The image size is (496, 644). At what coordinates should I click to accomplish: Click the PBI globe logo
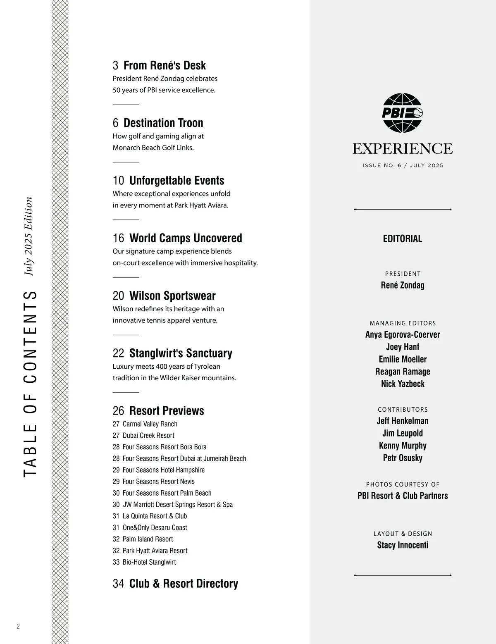402,113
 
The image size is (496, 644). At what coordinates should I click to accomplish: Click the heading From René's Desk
165,65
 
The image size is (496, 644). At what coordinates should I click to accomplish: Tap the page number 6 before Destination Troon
115,123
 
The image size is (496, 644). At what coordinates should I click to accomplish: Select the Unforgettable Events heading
176,181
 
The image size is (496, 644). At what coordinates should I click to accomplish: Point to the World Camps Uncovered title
186,238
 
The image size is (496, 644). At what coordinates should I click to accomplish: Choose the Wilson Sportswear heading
172,296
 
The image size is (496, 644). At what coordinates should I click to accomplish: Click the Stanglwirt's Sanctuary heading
181,353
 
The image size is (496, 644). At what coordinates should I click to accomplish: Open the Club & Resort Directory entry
184,583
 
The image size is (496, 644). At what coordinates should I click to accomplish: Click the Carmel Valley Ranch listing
150,424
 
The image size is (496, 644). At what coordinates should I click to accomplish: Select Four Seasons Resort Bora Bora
164,447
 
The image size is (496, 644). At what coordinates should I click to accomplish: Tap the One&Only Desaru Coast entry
155,527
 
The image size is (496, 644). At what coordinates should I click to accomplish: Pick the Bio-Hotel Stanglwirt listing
149,562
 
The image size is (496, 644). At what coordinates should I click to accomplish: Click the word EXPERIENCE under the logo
403,148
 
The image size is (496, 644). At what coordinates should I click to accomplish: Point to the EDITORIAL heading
403,239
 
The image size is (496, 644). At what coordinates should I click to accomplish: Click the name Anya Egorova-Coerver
403,334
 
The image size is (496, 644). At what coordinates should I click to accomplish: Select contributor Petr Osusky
403,458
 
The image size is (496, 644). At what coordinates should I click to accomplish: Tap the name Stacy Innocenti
403,545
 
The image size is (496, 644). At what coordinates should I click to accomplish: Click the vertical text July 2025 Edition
28,236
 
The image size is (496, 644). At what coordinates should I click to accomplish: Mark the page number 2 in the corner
18,626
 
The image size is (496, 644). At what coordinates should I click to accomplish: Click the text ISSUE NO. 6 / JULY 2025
403,165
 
